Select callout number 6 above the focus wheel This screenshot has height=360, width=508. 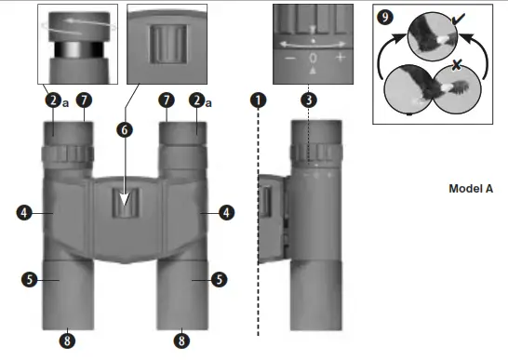tap(124, 130)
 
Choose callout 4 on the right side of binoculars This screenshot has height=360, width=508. tap(225, 213)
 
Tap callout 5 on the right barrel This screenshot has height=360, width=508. tap(219, 277)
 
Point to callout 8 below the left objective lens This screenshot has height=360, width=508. tap(66, 340)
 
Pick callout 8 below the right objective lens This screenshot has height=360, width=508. tap(183, 340)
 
